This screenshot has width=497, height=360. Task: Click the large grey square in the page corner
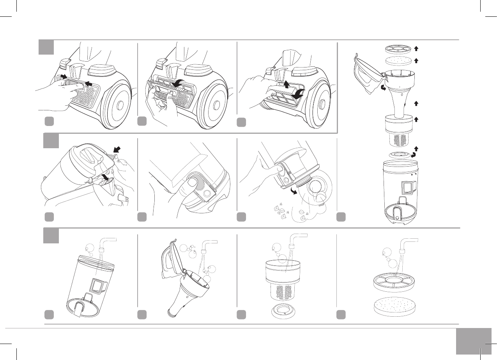473,341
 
